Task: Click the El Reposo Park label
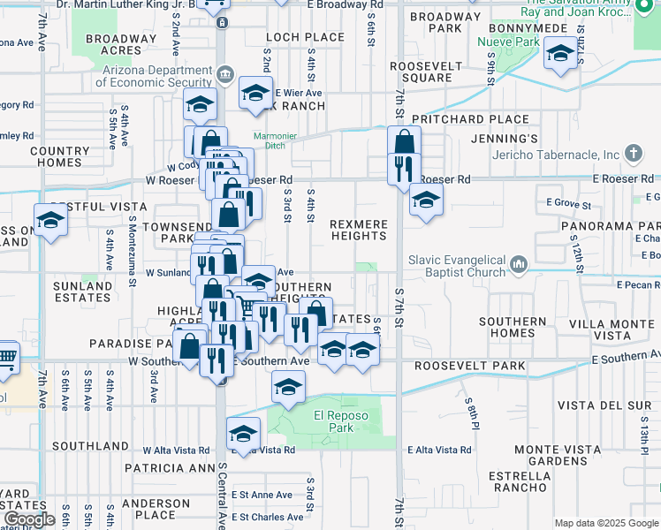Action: click(x=334, y=421)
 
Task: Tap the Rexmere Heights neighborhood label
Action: click(x=359, y=231)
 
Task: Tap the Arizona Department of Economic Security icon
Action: click(x=225, y=73)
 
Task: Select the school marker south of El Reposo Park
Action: click(x=243, y=434)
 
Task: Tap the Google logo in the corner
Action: click(x=29, y=519)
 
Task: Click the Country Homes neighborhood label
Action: click(x=60, y=156)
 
